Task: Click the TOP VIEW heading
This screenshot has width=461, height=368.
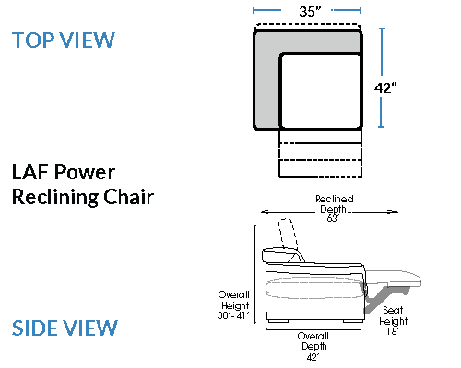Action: pyautogui.click(x=64, y=40)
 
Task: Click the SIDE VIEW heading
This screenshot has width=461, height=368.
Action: pyautogui.click(x=65, y=328)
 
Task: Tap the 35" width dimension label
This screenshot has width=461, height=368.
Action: pyautogui.click(x=310, y=11)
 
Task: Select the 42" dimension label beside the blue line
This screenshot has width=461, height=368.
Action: pyautogui.click(x=385, y=88)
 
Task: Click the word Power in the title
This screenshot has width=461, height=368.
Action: pyautogui.click(x=85, y=172)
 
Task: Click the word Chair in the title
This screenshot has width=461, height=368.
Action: pyautogui.click(x=128, y=197)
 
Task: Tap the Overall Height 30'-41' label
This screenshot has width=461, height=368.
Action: pyautogui.click(x=233, y=305)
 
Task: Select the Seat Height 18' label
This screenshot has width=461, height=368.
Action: pyautogui.click(x=393, y=320)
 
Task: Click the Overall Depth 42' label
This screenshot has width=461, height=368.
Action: pyautogui.click(x=313, y=346)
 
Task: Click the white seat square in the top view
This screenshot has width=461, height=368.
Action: pyautogui.click(x=321, y=91)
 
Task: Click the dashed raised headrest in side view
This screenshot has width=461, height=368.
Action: pyautogui.click(x=288, y=233)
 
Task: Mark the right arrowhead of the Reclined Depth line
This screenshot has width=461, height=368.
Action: pyautogui.click(x=395, y=212)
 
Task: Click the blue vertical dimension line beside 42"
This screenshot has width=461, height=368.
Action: pyautogui.click(x=382, y=77)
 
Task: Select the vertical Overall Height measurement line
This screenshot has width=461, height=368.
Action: pyautogui.click(x=255, y=274)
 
